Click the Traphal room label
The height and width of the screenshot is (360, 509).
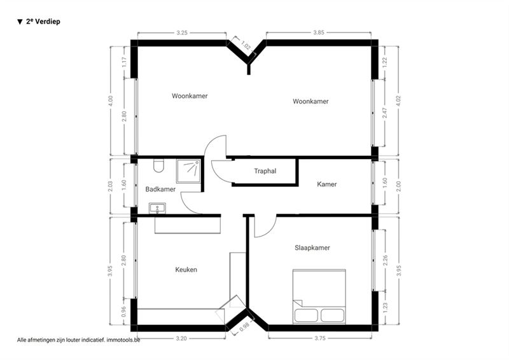265,171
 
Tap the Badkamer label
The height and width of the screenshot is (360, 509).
160,190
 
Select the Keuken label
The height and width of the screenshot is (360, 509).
186,270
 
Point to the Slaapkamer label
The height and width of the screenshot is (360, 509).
312,248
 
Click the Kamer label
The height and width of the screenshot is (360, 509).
327,184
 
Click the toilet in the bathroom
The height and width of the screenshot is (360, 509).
158,166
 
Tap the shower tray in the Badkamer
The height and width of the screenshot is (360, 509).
188,171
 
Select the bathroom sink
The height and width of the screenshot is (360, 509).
157,208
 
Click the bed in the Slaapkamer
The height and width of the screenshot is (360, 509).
319,296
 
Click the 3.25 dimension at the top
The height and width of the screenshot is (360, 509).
182,33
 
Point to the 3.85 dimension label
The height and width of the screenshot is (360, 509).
319,32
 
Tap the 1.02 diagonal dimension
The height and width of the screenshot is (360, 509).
246,45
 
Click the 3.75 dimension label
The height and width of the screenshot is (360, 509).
320,338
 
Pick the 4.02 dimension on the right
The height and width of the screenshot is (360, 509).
399,100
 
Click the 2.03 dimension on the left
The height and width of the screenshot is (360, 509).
110,186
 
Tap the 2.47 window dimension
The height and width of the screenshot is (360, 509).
385,113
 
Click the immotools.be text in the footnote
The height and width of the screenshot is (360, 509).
123,340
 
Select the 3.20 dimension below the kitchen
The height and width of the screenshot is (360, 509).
181,338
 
